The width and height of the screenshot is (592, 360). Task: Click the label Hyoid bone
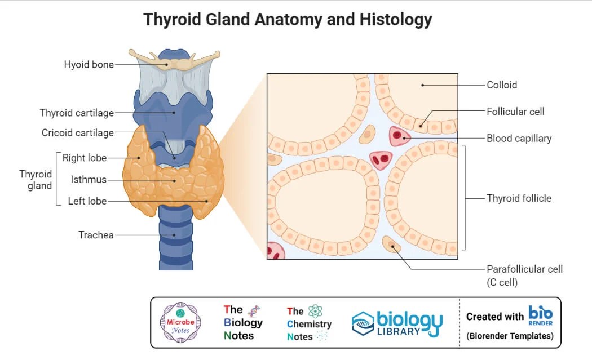click(x=89, y=65)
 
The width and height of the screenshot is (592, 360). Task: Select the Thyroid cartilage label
click(x=77, y=113)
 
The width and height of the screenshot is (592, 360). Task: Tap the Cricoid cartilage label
click(x=77, y=133)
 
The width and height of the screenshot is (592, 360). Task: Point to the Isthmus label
click(x=89, y=180)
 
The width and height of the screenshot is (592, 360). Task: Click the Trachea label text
click(x=96, y=235)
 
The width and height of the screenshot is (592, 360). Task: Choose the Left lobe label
click(x=87, y=201)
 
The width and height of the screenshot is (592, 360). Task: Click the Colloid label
click(x=502, y=85)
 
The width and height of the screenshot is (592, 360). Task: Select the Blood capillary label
click(x=519, y=138)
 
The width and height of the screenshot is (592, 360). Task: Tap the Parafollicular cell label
click(x=524, y=269)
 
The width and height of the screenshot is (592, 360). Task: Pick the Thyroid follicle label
click(x=519, y=198)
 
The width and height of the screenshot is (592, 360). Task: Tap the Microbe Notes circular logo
click(x=181, y=322)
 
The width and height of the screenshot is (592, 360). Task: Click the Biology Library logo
click(x=397, y=323)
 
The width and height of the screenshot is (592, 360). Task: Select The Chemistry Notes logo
click(x=308, y=323)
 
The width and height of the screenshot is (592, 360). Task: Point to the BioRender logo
click(x=540, y=315)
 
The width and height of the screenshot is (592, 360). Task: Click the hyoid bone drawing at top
click(x=174, y=60)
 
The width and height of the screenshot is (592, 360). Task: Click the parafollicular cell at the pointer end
click(x=390, y=244)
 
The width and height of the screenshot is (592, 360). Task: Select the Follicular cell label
click(x=515, y=112)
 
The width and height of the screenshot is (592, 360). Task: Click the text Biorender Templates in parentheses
click(x=510, y=336)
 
